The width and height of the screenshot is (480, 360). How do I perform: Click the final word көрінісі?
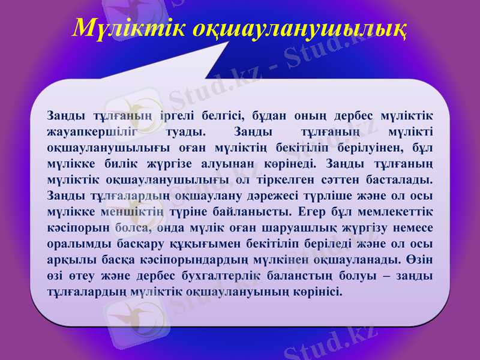point(320,293)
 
